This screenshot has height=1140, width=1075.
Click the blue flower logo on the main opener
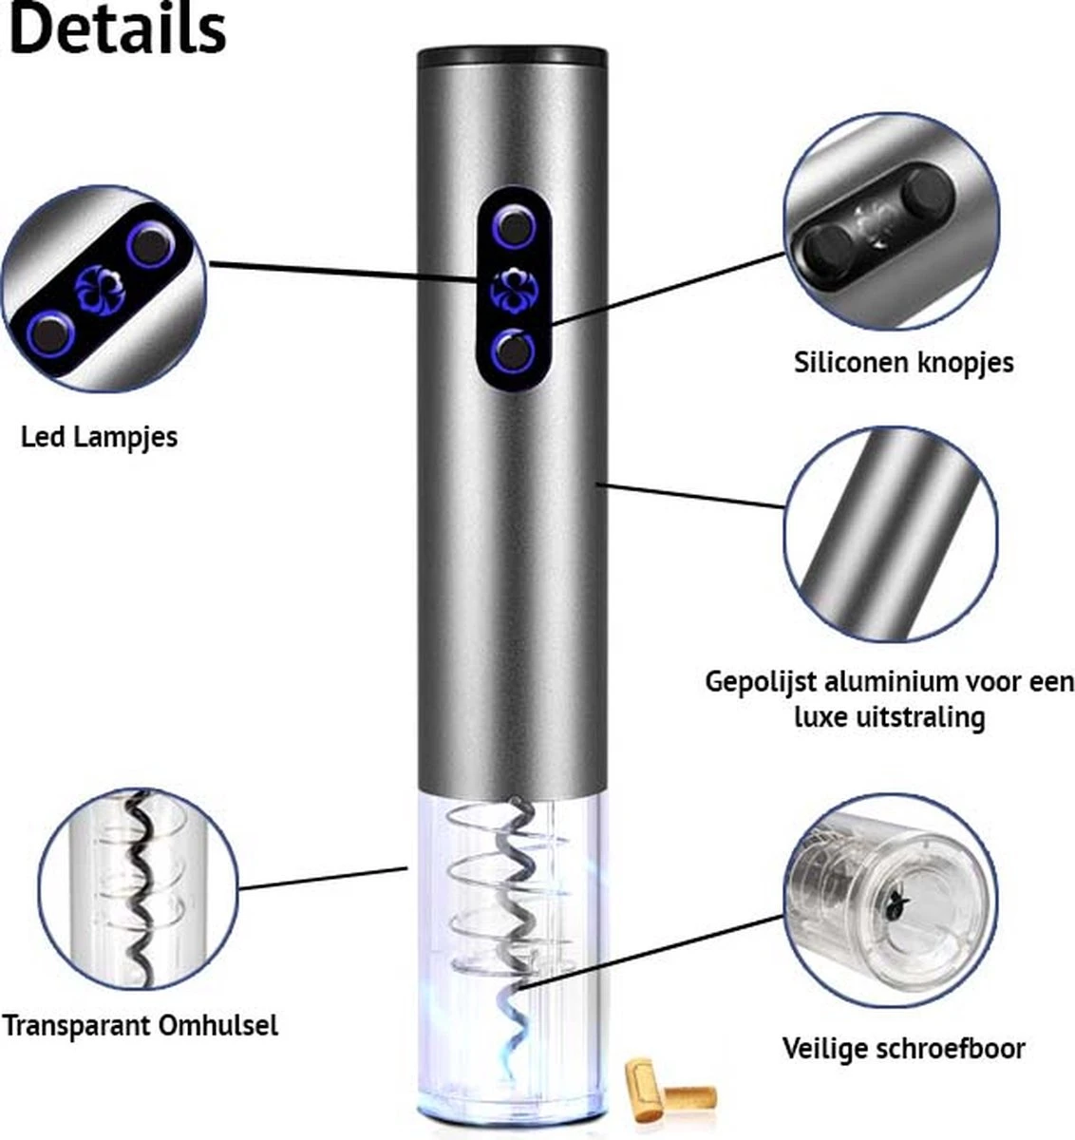pos(513,289)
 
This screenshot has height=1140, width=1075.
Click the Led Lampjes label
pos(99,437)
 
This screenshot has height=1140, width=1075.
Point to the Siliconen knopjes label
pos(903,362)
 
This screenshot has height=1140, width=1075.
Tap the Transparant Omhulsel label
pos(140,1025)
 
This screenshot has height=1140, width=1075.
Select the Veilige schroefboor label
pos(903,1048)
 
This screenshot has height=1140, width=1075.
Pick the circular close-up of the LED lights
pos(103,290)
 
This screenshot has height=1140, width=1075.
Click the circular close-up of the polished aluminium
pos(891,535)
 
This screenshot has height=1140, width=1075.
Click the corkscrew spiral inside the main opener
pos(518,912)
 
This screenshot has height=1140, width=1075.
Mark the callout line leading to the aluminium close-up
pos(693,495)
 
